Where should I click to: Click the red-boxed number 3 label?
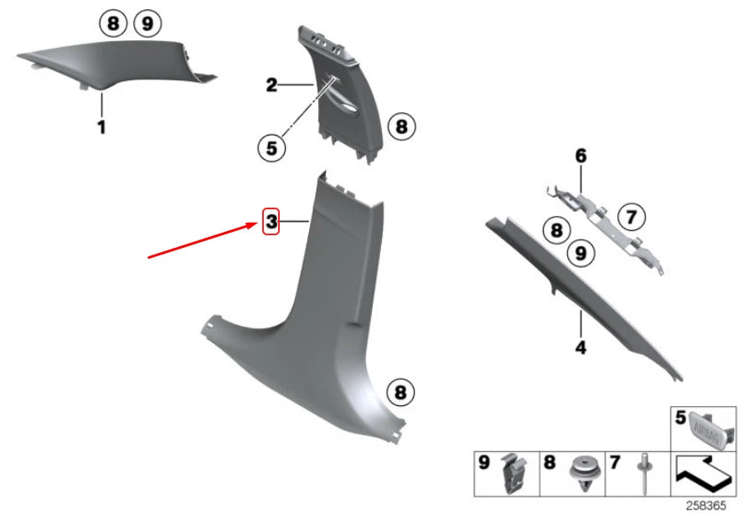[271, 221]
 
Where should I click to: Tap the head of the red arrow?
[256, 224]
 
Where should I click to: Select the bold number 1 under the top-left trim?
[101, 127]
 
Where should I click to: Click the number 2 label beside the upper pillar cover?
[271, 85]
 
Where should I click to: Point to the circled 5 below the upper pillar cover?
[271, 148]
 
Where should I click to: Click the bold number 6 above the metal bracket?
[580, 156]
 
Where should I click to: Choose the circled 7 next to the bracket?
[632, 217]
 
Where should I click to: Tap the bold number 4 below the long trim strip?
[580, 347]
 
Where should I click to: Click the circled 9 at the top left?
[148, 23]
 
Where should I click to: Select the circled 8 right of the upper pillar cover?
[402, 127]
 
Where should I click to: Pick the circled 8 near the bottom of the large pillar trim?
[400, 393]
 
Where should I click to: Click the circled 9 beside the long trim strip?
[580, 253]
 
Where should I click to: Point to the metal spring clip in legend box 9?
[513, 474]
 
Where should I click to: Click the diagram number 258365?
[706, 506]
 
